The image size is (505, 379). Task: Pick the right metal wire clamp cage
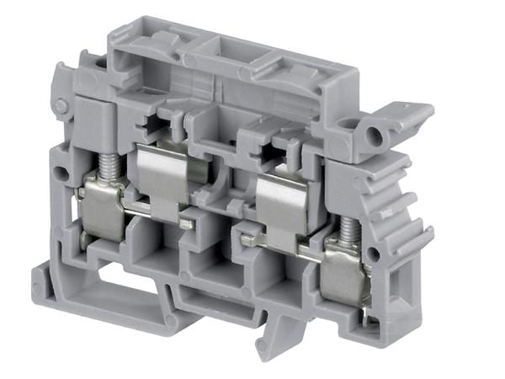coord(345,270)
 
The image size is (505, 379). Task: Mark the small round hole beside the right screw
coord(373,253)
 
